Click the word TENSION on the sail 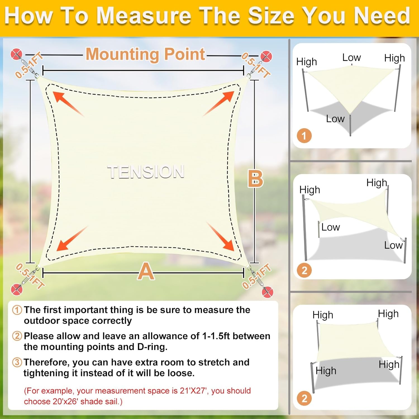[x=146, y=172]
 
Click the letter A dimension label [x=146, y=271]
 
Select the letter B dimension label [x=255, y=179]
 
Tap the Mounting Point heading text [x=145, y=54]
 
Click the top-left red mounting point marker [x=16, y=54]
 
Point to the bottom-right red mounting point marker [x=267, y=292]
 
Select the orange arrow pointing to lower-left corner [x=71, y=239]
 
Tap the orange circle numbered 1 [x=304, y=136]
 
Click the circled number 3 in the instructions [x=17, y=362]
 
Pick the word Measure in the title [x=144, y=16]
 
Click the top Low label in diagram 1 [x=351, y=58]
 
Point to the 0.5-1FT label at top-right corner [x=256, y=65]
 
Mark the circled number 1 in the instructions [x=17, y=310]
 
